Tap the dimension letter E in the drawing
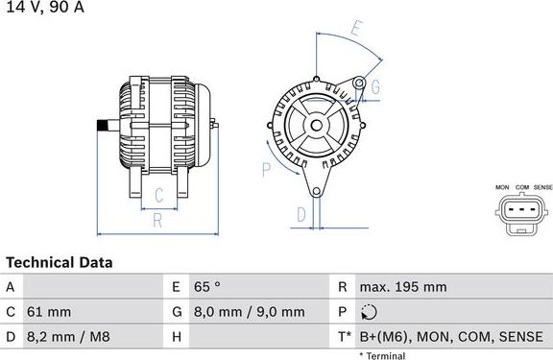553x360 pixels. coord(356,28)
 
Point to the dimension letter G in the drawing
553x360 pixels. coord(375,87)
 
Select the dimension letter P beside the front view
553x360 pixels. coord(267,170)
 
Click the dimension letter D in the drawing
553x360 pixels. coord(301,213)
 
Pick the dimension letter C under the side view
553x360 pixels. coord(159,196)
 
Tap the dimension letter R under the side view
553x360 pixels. coord(156,220)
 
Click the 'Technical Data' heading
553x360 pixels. coord(59,262)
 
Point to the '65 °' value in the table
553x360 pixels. coord(208,286)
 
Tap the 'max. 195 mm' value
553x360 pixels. coord(402,286)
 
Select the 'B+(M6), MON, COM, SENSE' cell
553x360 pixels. coord(450,337)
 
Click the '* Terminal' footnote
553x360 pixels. coord(382,355)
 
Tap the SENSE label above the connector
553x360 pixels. coord(542,186)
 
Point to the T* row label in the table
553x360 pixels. coord(344,337)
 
